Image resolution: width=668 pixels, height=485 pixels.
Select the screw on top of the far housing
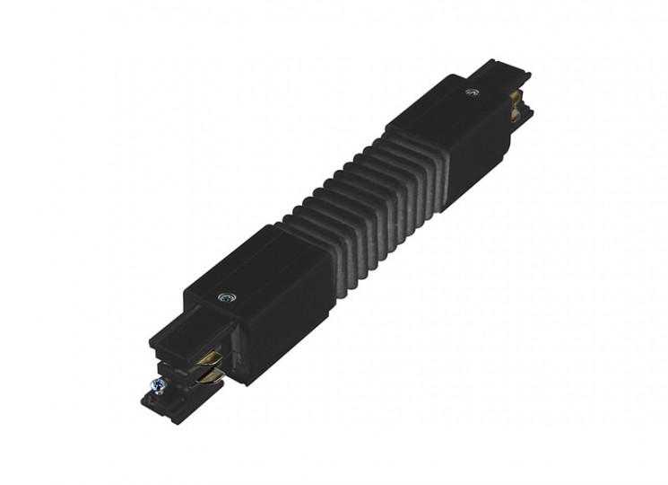point(472,91)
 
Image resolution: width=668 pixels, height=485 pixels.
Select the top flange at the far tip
point(498,70)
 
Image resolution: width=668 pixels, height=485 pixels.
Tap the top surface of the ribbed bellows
point(345,189)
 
